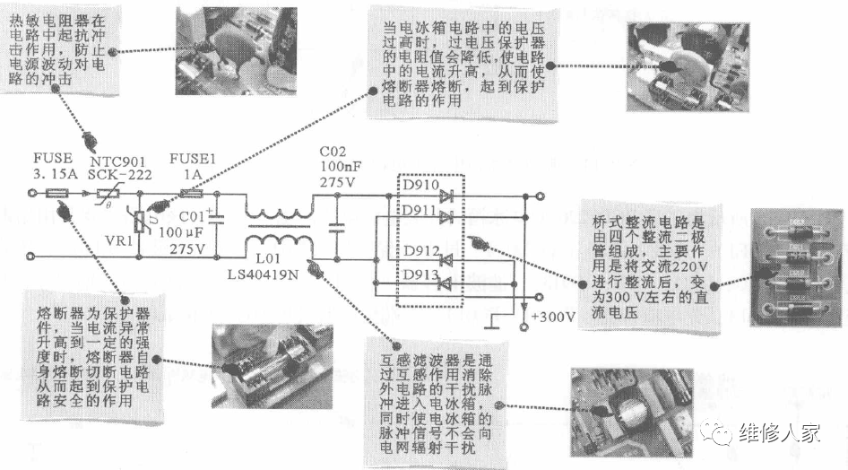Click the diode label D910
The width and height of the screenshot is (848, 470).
[x=420, y=187]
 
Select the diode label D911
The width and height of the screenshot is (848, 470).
[x=420, y=211]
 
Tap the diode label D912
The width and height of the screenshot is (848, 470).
[x=420, y=252]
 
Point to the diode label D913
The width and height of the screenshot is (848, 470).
[x=420, y=274]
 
